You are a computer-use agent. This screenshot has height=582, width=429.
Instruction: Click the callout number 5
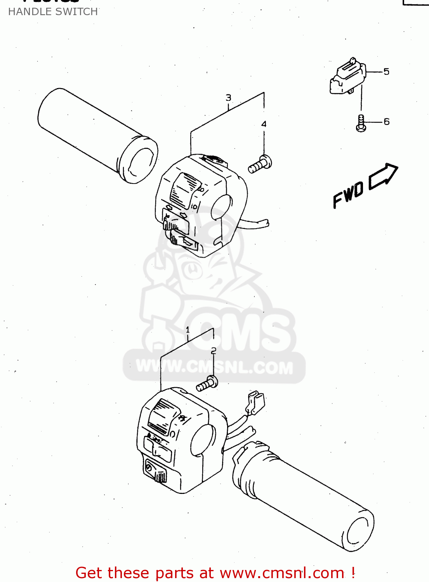click(x=386, y=71)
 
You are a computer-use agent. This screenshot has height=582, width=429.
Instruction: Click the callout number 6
click(x=387, y=121)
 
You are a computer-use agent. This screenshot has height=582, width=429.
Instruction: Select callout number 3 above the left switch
click(x=228, y=98)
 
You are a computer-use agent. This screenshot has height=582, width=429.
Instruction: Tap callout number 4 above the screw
click(x=264, y=124)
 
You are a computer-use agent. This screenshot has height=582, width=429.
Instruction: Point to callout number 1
click(x=188, y=330)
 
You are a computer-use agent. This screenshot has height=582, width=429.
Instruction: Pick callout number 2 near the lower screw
click(x=214, y=351)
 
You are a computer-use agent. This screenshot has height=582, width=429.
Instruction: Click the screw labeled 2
click(x=207, y=384)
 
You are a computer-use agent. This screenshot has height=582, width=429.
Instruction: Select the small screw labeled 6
click(x=361, y=123)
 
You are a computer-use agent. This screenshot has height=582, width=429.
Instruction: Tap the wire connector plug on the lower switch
click(x=255, y=403)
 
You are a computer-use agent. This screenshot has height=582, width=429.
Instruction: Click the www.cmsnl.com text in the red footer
click(x=282, y=573)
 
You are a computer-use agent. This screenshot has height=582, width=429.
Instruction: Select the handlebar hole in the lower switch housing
click(x=202, y=440)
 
